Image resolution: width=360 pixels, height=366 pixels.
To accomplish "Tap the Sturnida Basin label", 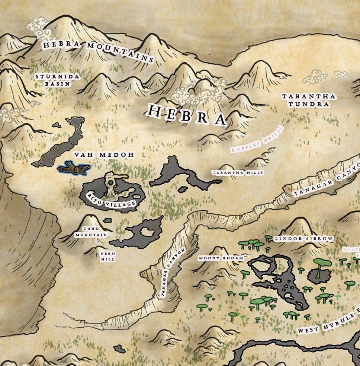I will [57, 80].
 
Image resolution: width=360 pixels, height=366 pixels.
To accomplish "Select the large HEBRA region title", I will [187, 114].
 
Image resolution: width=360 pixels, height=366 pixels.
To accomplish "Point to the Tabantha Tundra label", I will [308, 100].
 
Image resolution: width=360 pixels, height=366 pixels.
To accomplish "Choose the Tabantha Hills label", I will [238, 173].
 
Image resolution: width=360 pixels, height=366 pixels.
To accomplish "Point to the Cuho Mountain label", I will [91, 232].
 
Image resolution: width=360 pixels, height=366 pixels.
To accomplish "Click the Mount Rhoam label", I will [221, 258].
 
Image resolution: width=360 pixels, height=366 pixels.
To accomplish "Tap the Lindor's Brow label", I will [303, 239].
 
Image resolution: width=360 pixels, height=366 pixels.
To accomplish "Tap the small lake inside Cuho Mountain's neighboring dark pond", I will [151, 232].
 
